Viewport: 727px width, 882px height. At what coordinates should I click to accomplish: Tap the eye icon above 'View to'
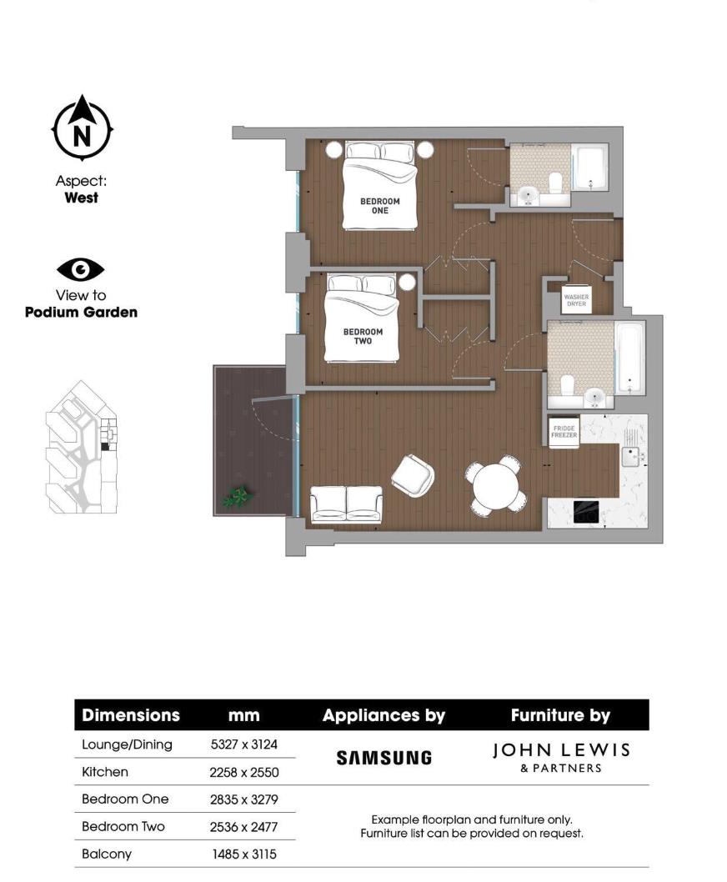click(x=81, y=269)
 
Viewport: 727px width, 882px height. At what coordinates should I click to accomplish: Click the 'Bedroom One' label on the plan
click(x=379, y=205)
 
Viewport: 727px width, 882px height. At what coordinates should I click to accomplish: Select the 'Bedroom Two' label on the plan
click(x=363, y=335)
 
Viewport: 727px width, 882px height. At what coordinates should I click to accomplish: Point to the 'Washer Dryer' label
click(x=576, y=300)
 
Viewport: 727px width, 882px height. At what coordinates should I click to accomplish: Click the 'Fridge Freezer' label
click(x=564, y=432)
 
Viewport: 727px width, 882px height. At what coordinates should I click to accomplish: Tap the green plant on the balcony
click(x=238, y=498)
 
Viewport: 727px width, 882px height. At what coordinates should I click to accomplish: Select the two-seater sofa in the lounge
click(x=346, y=504)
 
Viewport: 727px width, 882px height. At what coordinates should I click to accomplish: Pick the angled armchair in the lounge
click(x=413, y=475)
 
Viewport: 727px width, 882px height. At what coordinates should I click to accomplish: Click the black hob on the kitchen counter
click(x=588, y=512)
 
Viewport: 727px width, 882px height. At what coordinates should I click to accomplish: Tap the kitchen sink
click(x=631, y=455)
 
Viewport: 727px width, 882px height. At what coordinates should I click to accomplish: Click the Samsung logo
click(x=384, y=758)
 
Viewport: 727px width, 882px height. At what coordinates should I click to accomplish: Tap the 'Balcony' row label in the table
click(x=107, y=854)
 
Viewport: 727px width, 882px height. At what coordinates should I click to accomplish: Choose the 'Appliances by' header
click(x=384, y=715)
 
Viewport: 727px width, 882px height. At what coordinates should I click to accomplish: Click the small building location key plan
click(x=82, y=448)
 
